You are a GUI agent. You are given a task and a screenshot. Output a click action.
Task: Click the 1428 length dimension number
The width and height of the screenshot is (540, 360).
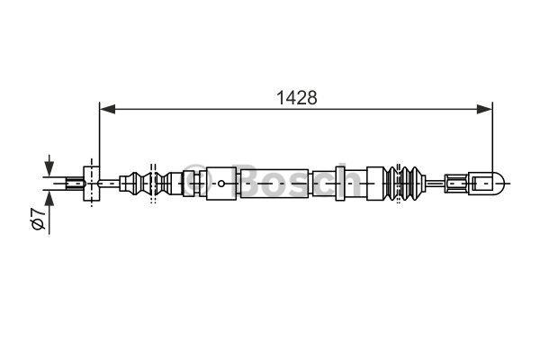coord(297,98)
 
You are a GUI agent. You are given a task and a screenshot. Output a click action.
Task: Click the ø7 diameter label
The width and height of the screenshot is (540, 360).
coord(38,219)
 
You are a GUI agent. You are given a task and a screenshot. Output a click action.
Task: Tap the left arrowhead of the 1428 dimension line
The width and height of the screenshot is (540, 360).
coord(107,109)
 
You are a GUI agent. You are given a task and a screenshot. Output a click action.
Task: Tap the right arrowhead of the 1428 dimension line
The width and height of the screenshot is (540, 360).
coord(484,109)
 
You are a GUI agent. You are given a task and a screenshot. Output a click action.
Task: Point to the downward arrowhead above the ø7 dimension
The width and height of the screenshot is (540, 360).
coord(49,168)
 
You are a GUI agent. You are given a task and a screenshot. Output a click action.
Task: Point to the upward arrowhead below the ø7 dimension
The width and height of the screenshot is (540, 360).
coord(49,198)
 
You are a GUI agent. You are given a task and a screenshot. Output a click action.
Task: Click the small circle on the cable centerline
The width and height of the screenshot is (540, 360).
coord(221,184)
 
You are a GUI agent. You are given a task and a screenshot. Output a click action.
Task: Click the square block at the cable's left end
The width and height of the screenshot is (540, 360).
coord(92,184)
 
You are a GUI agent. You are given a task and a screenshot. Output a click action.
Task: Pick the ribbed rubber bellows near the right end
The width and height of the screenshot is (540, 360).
coord(405,184)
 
